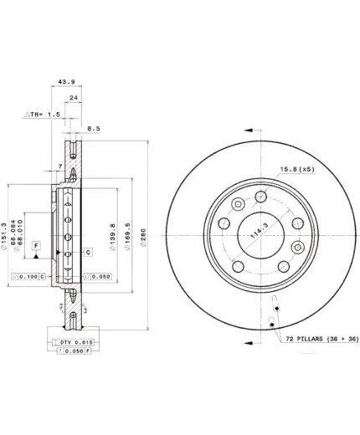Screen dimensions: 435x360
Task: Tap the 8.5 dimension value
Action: coord(94,128)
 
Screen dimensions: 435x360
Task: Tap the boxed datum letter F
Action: coord(36,245)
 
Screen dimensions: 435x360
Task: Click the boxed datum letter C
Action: coord(88,251)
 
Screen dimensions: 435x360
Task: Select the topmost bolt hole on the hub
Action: coord(260,197)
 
